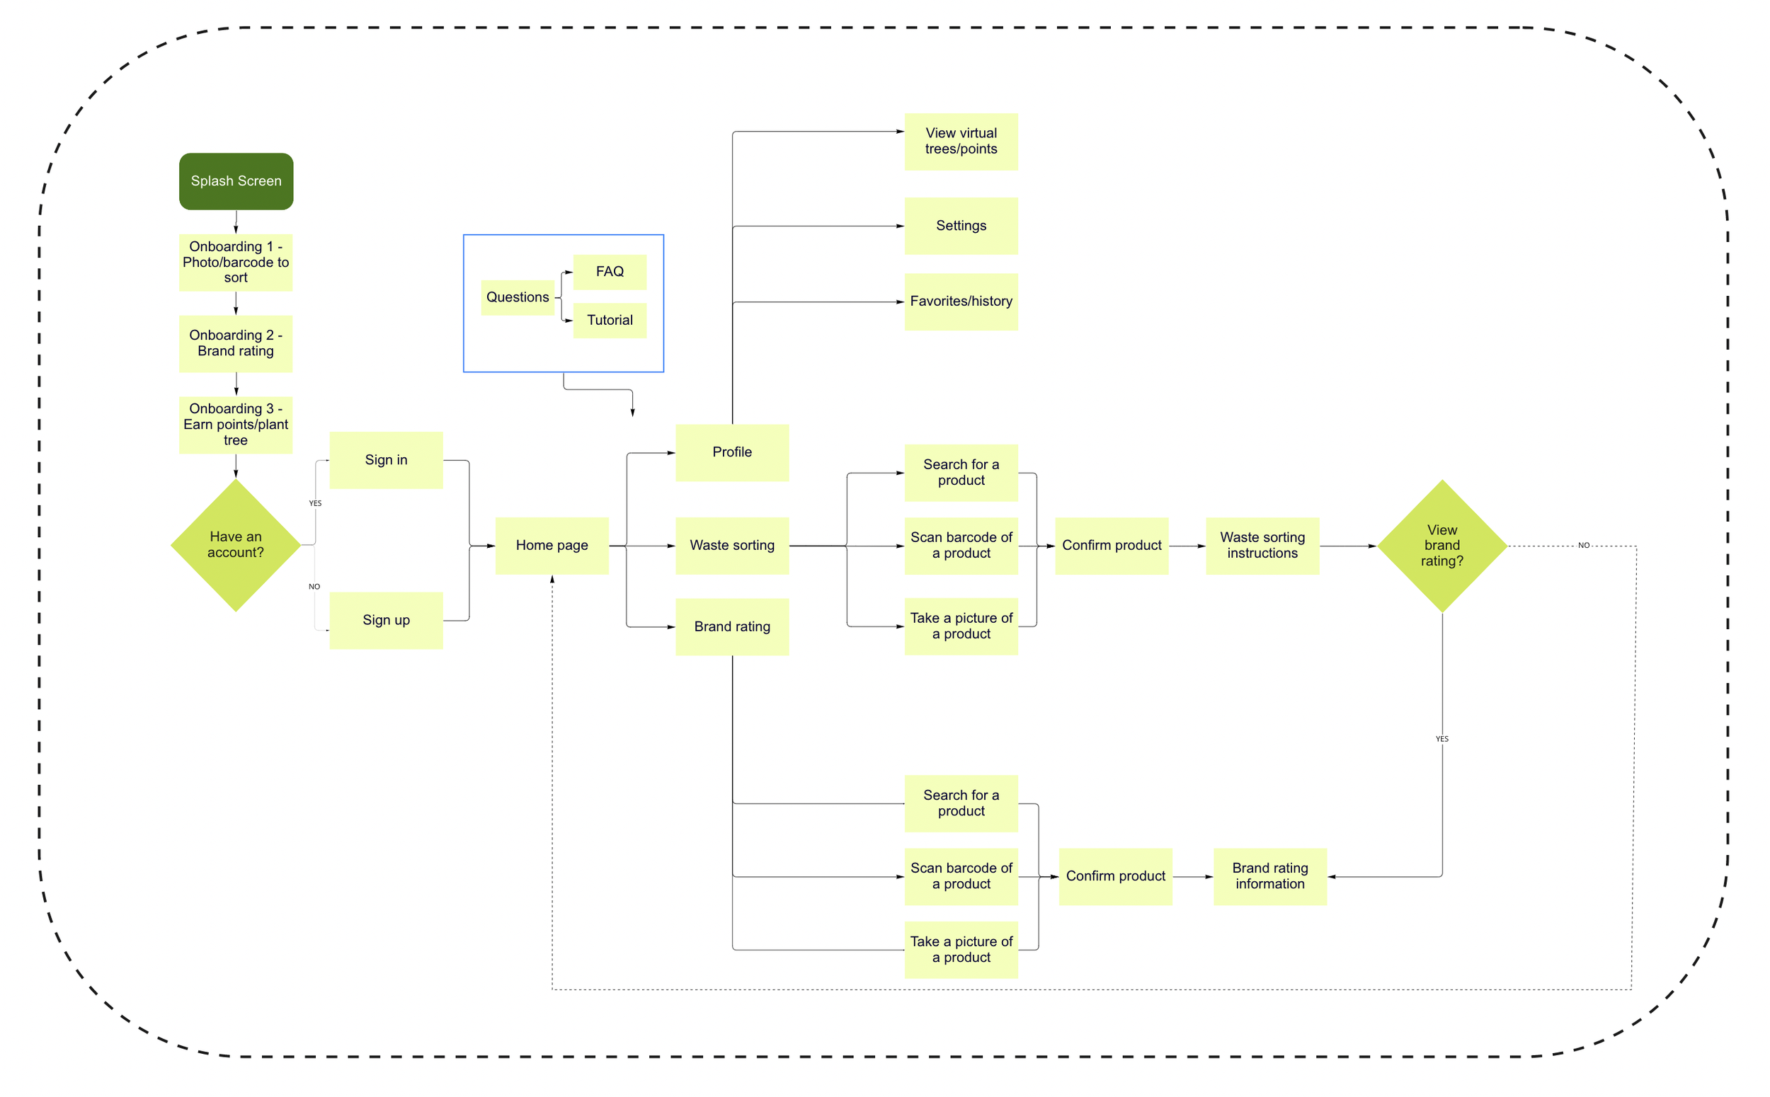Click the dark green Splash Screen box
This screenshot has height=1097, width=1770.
click(x=236, y=181)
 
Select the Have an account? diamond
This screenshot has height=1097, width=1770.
click(x=235, y=545)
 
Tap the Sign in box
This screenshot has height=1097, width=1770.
click(x=386, y=460)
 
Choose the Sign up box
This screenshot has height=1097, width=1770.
click(x=386, y=620)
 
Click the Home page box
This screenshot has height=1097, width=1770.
click(x=552, y=546)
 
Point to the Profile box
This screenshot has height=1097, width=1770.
click(x=731, y=453)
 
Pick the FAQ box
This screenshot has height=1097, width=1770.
click(x=610, y=272)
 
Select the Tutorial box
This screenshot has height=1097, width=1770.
click(x=610, y=321)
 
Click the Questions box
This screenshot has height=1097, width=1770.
click(x=518, y=297)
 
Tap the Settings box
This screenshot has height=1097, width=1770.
click(x=961, y=226)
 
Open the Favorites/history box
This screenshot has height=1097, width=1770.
click(x=961, y=301)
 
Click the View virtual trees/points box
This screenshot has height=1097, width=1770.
click(x=961, y=142)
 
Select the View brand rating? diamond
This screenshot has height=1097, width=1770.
click(x=1441, y=546)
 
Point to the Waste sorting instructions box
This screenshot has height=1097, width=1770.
click(x=1262, y=546)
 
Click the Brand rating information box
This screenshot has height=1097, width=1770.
click(x=1270, y=876)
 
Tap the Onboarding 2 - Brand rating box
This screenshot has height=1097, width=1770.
click(x=236, y=344)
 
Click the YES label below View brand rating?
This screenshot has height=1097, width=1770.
click(x=1441, y=740)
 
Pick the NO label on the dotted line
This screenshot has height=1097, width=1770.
click(x=1584, y=546)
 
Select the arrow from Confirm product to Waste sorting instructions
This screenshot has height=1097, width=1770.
click(x=1187, y=546)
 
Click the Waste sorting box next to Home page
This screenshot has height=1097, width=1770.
click(x=731, y=546)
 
